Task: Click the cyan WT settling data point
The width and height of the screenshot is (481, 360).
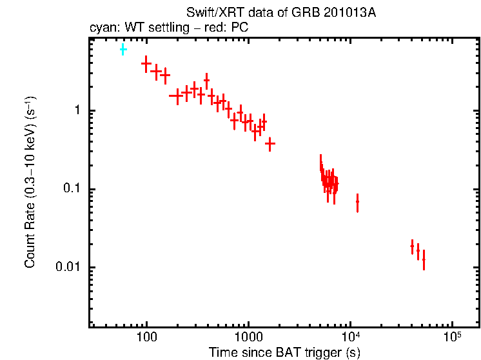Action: pos(123,49)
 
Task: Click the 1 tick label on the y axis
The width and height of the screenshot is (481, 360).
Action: pos(76,111)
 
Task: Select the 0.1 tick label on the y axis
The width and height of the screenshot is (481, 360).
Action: pos(72,189)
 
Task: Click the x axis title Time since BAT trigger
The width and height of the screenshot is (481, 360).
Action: pos(284,353)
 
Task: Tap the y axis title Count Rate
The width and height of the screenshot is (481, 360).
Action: pos(30,182)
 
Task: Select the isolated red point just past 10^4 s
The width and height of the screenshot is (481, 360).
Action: pos(357,203)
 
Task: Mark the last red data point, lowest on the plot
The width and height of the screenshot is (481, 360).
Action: pos(424,259)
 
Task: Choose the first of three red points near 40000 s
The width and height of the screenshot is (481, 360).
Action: pos(412,246)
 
